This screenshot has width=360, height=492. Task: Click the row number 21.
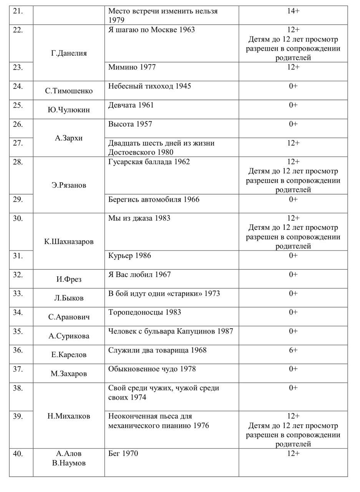tap(18, 11)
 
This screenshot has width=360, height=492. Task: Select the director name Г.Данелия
tap(69, 53)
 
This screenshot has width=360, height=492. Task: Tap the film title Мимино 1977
tap(132, 67)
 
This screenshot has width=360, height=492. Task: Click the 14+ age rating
tap(293, 11)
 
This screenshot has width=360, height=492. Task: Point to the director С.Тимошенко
tap(69, 91)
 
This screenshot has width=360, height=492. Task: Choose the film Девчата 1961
tap(131, 105)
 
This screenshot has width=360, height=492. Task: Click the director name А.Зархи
tap(69, 138)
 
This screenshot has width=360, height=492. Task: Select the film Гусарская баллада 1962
tap(149, 162)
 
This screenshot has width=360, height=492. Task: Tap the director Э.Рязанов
tap(69, 185)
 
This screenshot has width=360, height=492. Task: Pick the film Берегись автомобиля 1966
tap(154, 199)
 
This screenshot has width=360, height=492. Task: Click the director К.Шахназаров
tap(69, 242)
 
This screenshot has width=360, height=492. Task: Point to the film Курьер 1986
tap(129, 256)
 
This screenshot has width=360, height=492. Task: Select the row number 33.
tap(18, 294)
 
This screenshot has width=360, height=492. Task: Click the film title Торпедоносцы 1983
tap(144, 312)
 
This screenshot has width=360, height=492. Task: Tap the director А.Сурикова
tap(69, 336)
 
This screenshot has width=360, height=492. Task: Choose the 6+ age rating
tap(293, 350)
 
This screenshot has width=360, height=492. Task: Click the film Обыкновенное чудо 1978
tap(152, 369)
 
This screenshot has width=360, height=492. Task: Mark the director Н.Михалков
tap(69, 416)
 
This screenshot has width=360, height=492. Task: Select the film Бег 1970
tap(123, 454)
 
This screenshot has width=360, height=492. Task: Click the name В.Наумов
tap(69, 463)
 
